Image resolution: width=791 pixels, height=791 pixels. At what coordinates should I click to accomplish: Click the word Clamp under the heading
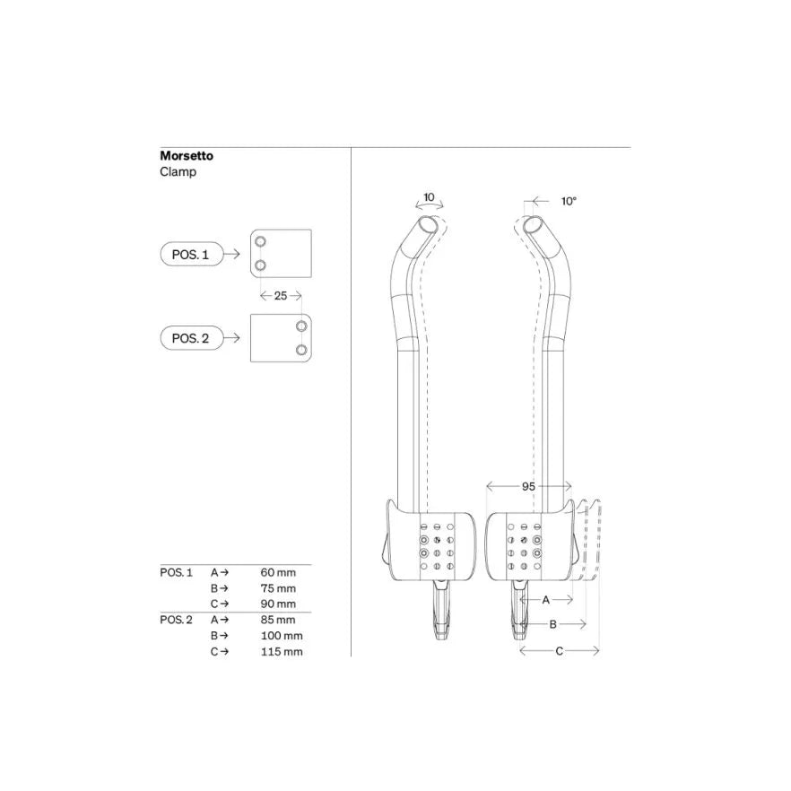click(178, 171)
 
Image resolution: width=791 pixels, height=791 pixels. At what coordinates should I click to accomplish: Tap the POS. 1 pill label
click(189, 255)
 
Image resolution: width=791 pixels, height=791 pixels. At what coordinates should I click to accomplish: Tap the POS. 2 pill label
click(189, 338)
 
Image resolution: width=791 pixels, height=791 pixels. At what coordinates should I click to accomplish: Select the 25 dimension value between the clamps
click(281, 296)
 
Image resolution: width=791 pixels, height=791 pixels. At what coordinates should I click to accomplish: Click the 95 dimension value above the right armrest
click(528, 485)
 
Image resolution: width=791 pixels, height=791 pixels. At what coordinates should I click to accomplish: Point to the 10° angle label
click(569, 202)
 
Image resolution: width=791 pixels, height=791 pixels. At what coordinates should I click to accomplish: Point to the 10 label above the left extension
click(429, 196)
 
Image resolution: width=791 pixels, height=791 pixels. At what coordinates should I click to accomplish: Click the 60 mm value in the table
click(278, 571)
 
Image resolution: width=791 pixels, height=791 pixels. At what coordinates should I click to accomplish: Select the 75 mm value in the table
click(278, 588)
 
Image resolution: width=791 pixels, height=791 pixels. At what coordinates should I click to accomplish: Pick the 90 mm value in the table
click(278, 604)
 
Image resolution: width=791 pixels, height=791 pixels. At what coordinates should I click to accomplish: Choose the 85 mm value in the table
click(278, 620)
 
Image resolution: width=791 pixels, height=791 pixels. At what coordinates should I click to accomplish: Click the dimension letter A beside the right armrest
click(545, 598)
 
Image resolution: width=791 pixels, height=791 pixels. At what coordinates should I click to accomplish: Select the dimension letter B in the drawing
click(553, 623)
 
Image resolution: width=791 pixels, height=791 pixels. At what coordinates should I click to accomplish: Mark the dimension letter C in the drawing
click(559, 652)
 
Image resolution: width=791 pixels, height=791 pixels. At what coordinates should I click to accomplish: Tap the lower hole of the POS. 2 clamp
click(301, 349)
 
